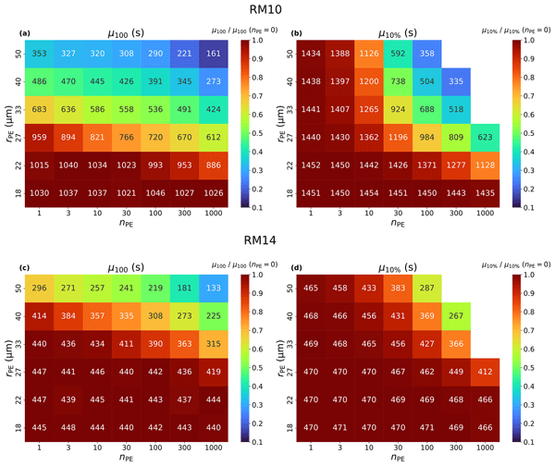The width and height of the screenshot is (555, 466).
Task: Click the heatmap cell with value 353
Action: (40, 52)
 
